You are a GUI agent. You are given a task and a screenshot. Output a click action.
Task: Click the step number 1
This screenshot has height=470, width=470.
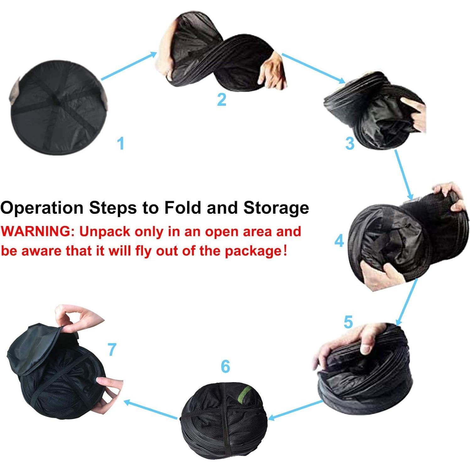pyautogui.click(x=121, y=143)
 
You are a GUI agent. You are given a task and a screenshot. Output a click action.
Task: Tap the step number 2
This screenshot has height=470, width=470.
pyautogui.click(x=221, y=99)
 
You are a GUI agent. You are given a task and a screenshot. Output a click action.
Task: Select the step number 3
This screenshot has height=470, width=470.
pyautogui.click(x=350, y=143)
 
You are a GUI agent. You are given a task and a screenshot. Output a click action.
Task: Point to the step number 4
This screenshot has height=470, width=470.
pyautogui.click(x=339, y=241)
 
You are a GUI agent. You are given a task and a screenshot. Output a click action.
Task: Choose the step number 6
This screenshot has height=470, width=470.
pyautogui.click(x=225, y=366)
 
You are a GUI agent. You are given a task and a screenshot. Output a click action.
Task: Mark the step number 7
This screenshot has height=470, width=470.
pyautogui.click(x=112, y=349)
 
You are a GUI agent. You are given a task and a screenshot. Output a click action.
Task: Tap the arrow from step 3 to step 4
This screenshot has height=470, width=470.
pyautogui.click(x=404, y=175)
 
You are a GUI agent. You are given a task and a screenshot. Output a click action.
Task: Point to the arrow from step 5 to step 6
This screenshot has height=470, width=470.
pyautogui.click(x=296, y=410)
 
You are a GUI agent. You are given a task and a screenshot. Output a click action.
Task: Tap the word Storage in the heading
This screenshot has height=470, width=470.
pyautogui.click(x=276, y=208)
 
